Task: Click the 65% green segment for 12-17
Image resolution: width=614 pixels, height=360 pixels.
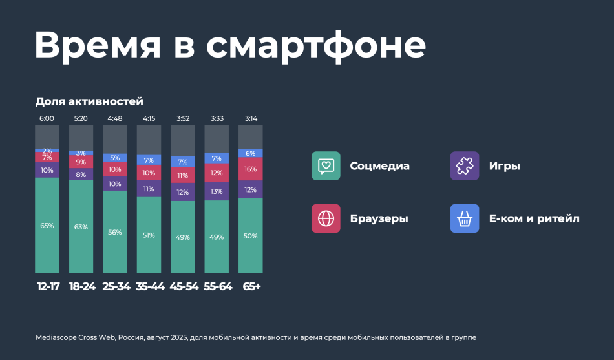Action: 47,226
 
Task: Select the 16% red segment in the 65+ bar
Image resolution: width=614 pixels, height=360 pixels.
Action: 250,169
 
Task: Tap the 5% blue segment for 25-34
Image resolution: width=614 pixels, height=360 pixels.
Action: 115,158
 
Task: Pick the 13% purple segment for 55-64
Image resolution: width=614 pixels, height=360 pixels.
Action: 217,191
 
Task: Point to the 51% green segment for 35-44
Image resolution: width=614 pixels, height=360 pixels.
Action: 149,235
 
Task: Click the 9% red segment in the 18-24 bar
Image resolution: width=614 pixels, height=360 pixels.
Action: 81,162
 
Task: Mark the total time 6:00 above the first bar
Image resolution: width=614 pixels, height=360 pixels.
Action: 47,119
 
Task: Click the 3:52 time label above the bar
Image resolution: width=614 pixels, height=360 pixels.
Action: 182,119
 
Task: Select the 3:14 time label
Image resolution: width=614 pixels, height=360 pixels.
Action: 250,119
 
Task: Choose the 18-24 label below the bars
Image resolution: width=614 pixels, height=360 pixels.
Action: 81,286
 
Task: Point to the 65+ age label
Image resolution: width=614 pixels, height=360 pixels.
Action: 251,286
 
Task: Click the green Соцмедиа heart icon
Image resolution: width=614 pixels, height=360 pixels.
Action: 326,165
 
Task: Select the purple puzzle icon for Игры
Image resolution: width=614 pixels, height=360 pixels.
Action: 465,165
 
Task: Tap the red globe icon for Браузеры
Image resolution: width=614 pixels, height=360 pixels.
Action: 326,218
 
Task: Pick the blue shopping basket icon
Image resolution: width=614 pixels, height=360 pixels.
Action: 465,218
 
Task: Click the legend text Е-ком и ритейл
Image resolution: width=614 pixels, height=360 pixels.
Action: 534,218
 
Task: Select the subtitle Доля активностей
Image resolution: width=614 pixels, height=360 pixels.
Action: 89,101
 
